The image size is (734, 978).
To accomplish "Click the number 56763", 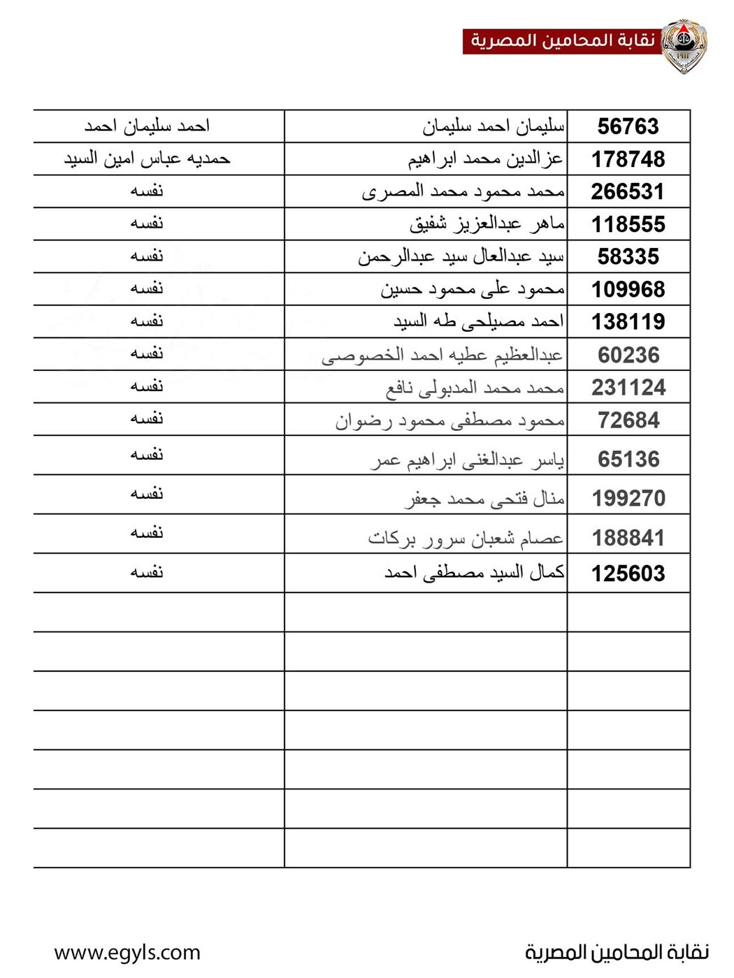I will coord(628,126).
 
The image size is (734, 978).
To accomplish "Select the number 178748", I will coord(628,159).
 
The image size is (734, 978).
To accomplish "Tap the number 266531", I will coord(628,191).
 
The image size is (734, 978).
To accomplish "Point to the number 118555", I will coord(628,224).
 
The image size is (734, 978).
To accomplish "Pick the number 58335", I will coord(628,256).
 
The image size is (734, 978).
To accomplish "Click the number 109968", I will coord(628,289).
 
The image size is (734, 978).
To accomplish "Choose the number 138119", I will coord(628,321).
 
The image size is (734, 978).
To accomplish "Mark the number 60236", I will coord(628,355).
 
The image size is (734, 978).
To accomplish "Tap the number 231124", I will coord(628,387).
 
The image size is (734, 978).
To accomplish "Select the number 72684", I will coord(628,421).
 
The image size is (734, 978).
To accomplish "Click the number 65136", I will coord(628,459).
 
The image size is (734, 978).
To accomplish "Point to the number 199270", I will coord(628,498).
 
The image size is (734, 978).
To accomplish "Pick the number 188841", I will coord(628,538).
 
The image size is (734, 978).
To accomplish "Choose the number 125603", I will coord(628,574).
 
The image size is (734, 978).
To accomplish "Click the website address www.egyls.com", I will coord(127,952).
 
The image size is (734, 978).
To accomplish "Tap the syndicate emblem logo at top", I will coord(684,45).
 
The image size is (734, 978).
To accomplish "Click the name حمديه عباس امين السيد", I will coord(147,159).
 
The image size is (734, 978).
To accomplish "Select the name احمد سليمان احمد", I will coord(147,126).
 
